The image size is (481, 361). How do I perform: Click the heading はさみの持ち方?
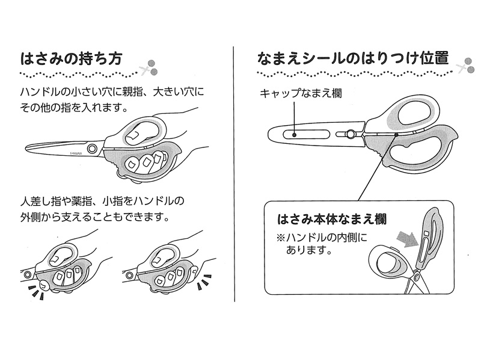point(72,59)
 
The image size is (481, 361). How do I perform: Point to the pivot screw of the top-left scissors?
point(91,147)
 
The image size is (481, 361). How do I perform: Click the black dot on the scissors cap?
point(294,134)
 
